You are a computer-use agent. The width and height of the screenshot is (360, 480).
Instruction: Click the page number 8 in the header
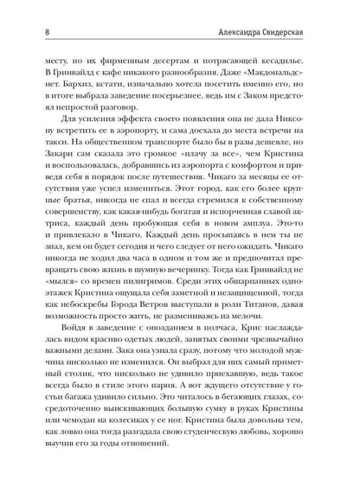(x=32, y=10)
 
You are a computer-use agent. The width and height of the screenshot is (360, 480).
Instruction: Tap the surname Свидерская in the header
(x=297, y=10)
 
